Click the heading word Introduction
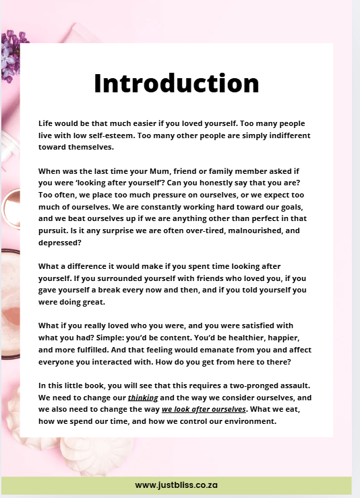pos(176,83)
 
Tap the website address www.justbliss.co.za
pos(176,485)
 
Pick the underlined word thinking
pos(143,398)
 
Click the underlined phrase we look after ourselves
pos(204,409)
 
